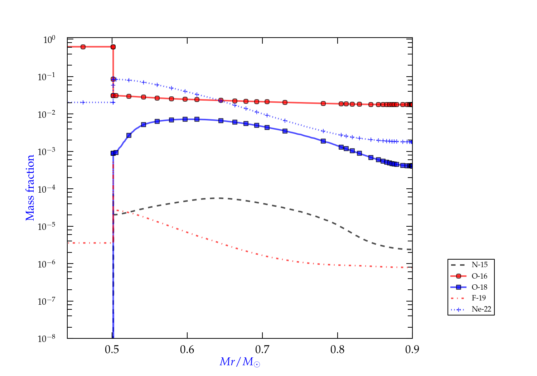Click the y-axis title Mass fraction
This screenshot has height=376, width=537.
pos(30,188)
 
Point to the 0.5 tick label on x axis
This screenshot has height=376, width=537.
pos(112,350)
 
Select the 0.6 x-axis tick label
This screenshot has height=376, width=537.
pos(187,350)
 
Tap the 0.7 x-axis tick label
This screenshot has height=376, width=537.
pos(262,350)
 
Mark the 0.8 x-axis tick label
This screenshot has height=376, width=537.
pos(338,350)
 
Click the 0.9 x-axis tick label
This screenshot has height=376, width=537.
pos(412,350)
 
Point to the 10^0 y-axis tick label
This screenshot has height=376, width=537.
pos(49,40)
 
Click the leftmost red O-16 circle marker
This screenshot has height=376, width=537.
pos(83,47)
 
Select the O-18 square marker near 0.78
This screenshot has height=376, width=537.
pos(323,141)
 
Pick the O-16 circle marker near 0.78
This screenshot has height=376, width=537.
pos(323,103)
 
